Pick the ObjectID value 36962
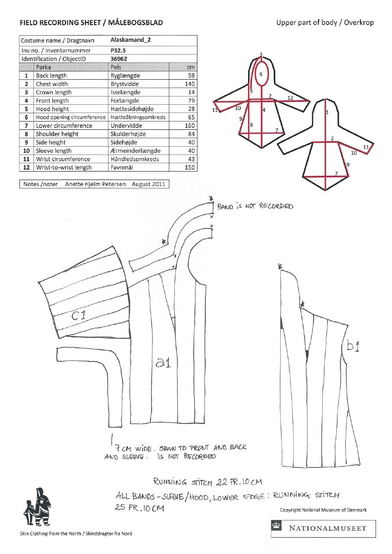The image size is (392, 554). pos(119,58)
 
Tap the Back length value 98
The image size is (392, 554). pos(191,76)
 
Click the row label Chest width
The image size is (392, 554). pos(52,84)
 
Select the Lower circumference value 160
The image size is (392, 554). pos(189,126)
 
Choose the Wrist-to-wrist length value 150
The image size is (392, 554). pos(189,167)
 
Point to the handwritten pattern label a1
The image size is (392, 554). pos(163,363)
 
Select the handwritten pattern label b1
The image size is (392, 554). pos(353,346)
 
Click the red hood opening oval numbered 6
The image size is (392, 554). pos(261,74)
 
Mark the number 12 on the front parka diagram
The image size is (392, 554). pos(291,98)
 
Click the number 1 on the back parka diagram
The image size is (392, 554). pos(327,112)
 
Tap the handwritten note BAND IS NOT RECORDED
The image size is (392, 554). pos(255,206)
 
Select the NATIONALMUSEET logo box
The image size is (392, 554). pos(323,528)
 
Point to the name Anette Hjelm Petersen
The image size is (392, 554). pos(95,184)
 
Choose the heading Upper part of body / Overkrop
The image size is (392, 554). pos(324,23)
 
